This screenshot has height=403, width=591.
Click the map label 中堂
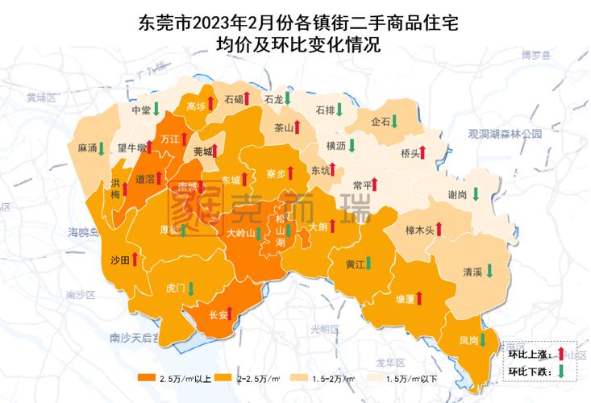[139, 110]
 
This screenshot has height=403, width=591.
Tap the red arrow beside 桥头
[425, 152]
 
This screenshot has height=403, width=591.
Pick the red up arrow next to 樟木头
[439, 230]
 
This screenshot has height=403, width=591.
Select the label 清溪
[472, 272]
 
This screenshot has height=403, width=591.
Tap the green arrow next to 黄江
[370, 263]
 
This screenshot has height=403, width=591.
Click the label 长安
[218, 315]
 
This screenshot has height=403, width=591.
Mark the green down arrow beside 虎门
[191, 287]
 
